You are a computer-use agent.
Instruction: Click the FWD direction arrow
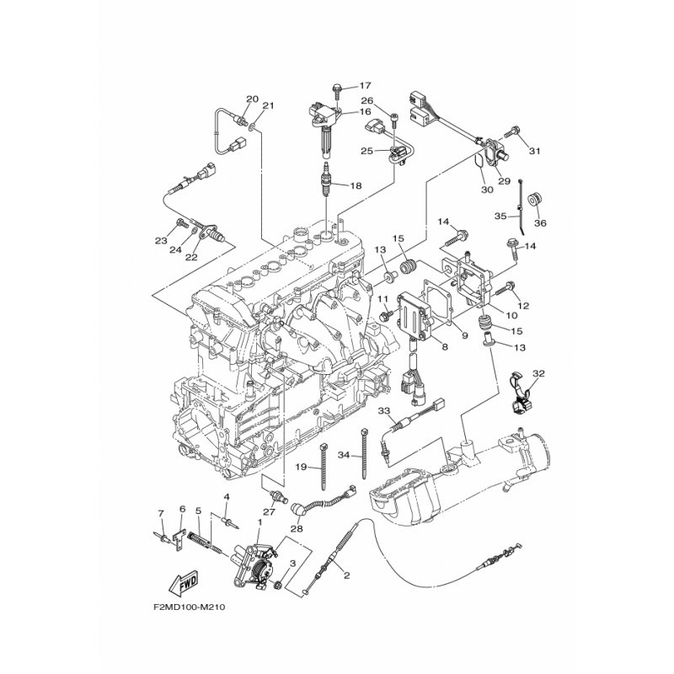point(184,582)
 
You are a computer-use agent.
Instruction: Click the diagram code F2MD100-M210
point(189,607)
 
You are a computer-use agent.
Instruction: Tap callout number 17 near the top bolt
point(365,86)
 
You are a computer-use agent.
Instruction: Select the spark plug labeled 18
point(328,179)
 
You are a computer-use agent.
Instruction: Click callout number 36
point(540,223)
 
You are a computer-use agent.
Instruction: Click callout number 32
point(538,374)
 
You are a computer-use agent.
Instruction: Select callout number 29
point(504,181)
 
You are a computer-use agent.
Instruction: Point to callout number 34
point(344,455)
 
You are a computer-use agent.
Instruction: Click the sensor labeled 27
point(277,497)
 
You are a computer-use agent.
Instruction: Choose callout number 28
point(297,529)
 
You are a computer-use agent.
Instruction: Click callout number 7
point(161,513)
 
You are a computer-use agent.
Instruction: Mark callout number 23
point(161,241)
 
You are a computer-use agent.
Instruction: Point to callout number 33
point(384,411)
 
